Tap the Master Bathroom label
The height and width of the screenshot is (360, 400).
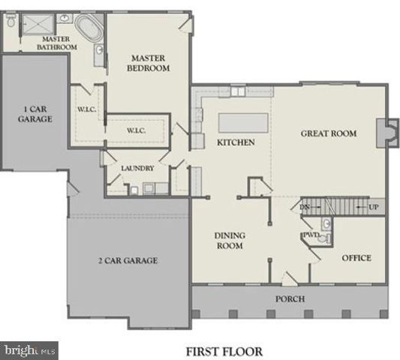[x=57, y=43]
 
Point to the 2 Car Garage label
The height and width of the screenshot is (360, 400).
[x=128, y=260]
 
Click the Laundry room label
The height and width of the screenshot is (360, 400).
[x=137, y=168]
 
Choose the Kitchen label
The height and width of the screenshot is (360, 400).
[x=236, y=142]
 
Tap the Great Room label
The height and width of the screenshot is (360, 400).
[x=328, y=133]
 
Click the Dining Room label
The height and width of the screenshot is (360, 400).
[x=230, y=240]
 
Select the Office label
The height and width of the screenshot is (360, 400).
[x=356, y=258]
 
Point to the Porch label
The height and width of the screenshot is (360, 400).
[x=290, y=297]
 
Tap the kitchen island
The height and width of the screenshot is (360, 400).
[x=242, y=121]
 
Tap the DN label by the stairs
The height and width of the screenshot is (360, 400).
[x=305, y=206]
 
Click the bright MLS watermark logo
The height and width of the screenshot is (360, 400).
[x=29, y=349]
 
